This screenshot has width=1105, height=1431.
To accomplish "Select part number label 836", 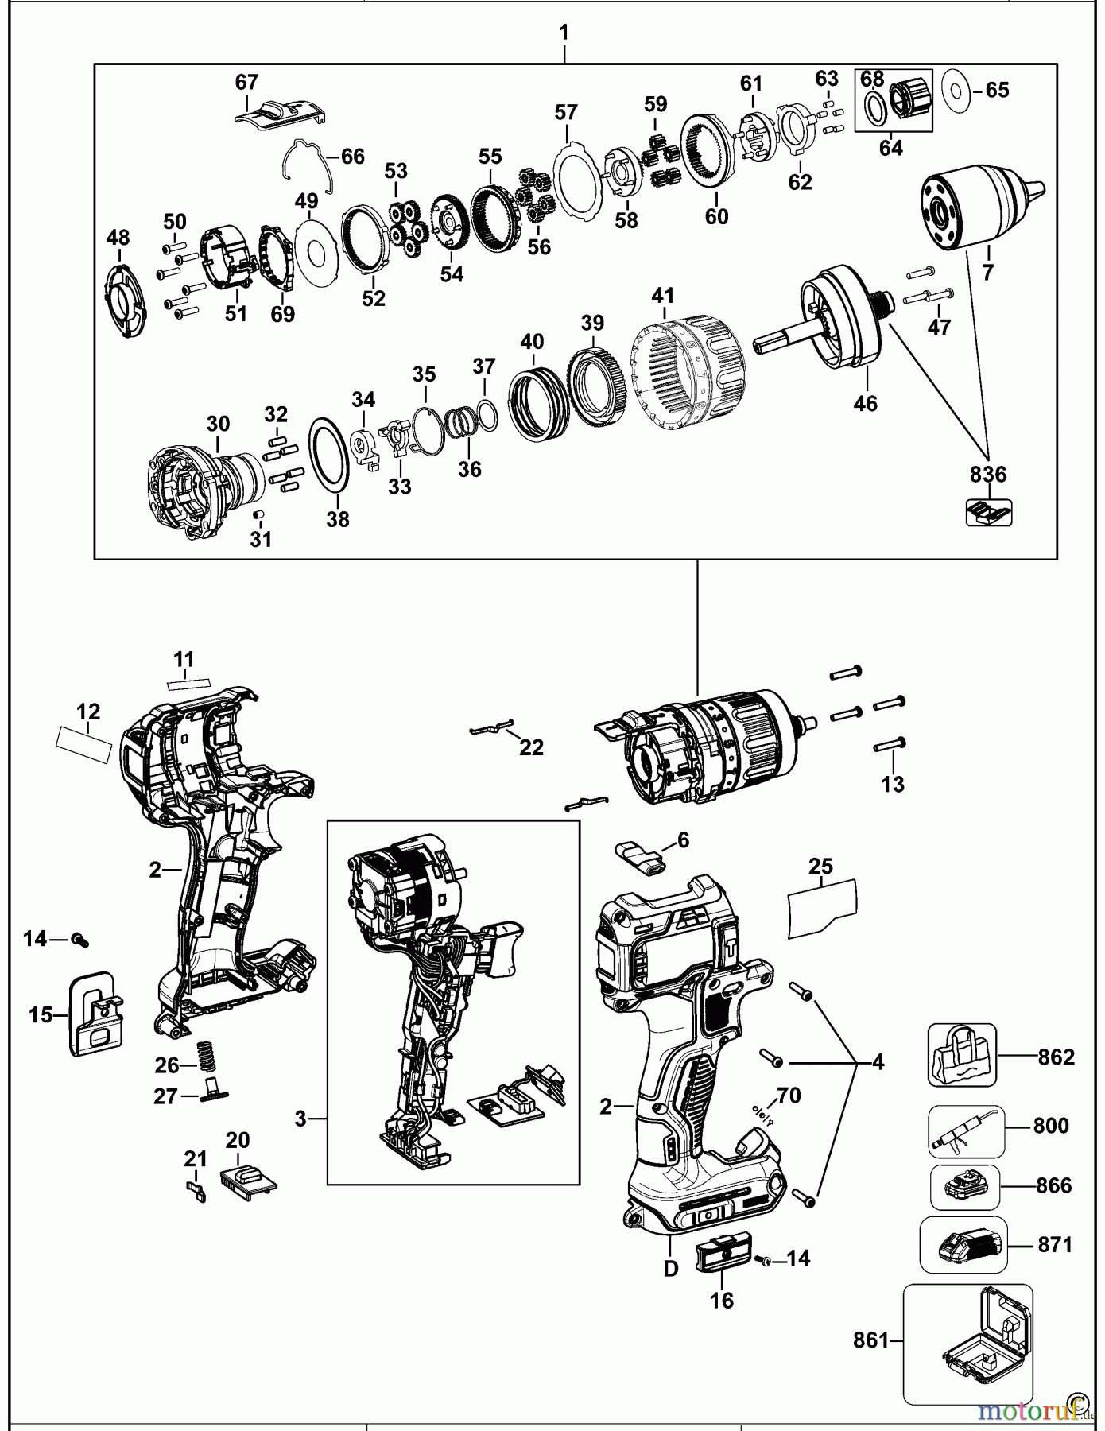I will [987, 475].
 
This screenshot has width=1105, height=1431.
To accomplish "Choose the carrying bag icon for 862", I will [961, 1055].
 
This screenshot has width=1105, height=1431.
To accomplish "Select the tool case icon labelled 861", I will [967, 1343].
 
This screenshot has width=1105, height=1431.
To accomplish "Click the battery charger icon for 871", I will [963, 1244].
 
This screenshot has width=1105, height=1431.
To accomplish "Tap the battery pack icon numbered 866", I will [964, 1186].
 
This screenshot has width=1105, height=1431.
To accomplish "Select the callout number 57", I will [566, 112].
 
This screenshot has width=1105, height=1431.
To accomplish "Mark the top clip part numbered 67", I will [281, 113].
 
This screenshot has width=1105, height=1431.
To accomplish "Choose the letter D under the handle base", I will [671, 1269].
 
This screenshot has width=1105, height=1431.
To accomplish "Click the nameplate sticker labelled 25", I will [822, 907].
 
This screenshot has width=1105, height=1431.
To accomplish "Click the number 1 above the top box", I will [564, 33].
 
